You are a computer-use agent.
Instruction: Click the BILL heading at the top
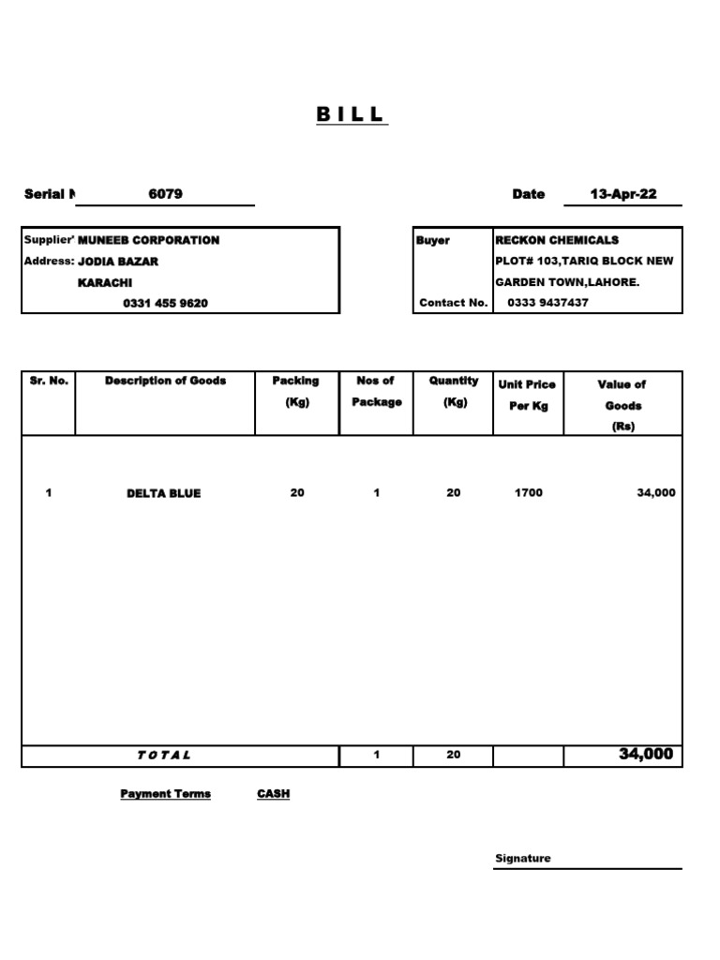[351, 114]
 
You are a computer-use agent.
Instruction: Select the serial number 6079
[165, 194]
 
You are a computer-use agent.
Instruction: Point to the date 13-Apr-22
[622, 194]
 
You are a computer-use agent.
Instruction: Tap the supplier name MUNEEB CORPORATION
[148, 240]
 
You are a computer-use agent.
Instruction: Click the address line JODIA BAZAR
[117, 262]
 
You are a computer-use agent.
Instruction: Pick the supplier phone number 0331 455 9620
[165, 303]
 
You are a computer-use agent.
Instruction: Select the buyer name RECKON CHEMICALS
[557, 240]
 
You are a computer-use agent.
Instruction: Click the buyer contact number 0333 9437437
[548, 303]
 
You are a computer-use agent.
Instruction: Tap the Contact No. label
[454, 303]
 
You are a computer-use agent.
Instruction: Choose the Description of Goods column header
[165, 381]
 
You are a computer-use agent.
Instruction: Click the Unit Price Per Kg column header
[527, 395]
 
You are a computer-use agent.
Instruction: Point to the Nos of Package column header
[376, 391]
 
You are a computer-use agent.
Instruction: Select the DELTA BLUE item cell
[163, 493]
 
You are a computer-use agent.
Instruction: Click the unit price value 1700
[528, 492]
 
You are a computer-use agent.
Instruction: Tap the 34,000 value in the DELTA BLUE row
[655, 492]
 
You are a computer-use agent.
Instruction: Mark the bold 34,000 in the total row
[646, 754]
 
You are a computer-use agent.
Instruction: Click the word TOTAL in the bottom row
[164, 755]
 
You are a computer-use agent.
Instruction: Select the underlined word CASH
[273, 794]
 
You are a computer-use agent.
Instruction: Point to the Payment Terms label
[165, 794]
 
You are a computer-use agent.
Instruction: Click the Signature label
[522, 859]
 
